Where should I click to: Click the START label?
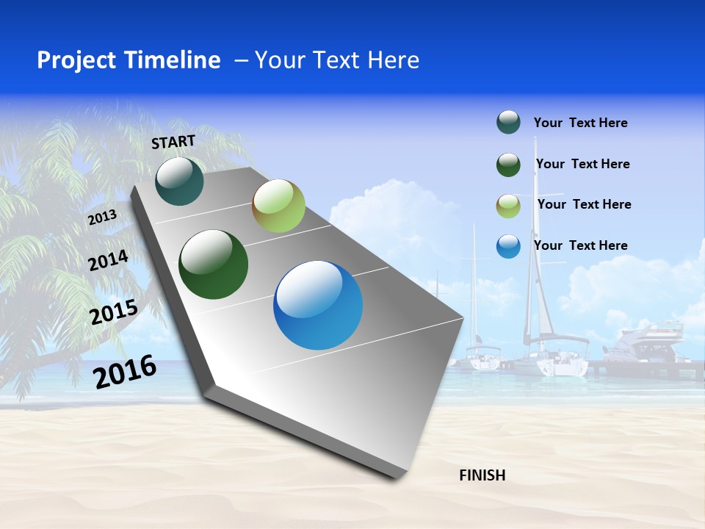tap(173, 142)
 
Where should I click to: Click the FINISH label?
tap(482, 475)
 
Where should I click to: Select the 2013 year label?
tap(102, 217)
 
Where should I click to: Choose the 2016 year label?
tap(125, 371)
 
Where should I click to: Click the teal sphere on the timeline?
tap(179, 181)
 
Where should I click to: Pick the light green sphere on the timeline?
tap(278, 206)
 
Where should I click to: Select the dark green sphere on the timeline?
tap(214, 264)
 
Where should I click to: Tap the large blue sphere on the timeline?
tap(318, 305)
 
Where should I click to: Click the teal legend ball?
tap(508, 123)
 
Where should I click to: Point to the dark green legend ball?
tap(508, 165)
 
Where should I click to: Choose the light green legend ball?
tap(508, 206)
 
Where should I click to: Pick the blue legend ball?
tap(508, 246)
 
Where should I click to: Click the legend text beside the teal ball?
tap(580, 123)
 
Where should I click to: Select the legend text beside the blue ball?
tap(580, 245)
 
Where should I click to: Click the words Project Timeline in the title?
tap(129, 60)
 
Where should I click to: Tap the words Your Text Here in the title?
tap(336, 60)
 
